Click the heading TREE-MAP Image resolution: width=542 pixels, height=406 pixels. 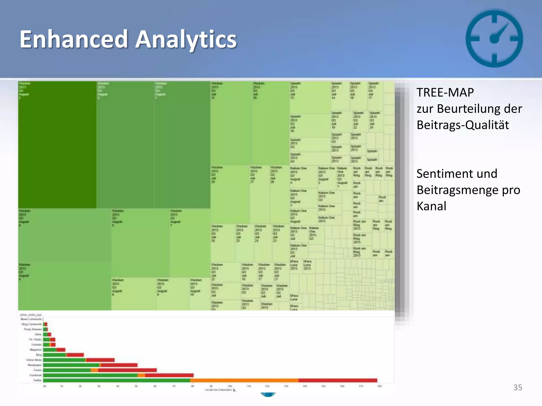(x=445, y=93)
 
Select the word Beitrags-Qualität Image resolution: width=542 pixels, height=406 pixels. (x=463, y=125)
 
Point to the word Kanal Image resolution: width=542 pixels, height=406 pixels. (x=431, y=206)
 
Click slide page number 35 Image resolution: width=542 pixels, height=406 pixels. (x=518, y=387)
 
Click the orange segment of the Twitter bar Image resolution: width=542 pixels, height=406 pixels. (x=244, y=380)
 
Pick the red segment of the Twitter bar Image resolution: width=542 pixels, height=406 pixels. (x=338, y=380)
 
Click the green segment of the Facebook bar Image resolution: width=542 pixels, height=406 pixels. (x=90, y=375)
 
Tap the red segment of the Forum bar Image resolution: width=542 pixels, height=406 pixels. (x=127, y=370)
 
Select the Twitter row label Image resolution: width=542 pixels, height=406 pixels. (x=37, y=380)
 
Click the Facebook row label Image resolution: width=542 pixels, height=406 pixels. (x=35, y=375)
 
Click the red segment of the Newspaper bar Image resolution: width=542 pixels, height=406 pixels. (x=119, y=365)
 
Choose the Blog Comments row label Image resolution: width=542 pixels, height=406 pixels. (x=32, y=324)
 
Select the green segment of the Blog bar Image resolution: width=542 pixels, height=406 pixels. (x=55, y=355)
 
